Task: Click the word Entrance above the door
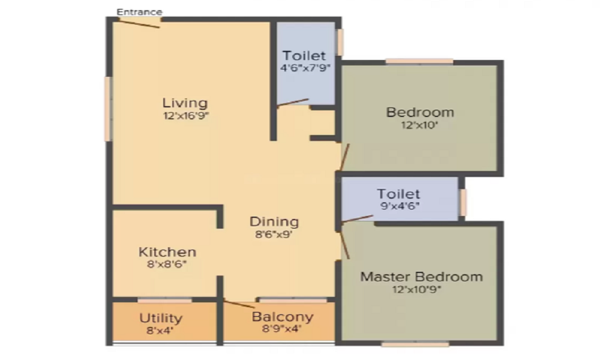139,12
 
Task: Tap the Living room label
185,103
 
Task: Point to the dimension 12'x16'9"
186,116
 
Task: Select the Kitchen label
167,252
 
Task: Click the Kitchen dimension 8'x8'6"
167,264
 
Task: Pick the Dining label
274,222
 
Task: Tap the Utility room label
161,318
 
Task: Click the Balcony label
283,317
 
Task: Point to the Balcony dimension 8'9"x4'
282,328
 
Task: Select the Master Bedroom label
422,277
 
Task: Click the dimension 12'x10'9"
417,289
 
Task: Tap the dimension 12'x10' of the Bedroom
420,125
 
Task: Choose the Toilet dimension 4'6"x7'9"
305,68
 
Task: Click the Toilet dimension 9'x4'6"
400,206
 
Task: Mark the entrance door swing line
139,23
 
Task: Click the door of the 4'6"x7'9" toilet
293,102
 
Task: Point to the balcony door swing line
239,305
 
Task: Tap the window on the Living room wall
108,109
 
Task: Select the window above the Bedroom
419,62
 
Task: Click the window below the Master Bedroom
415,344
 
